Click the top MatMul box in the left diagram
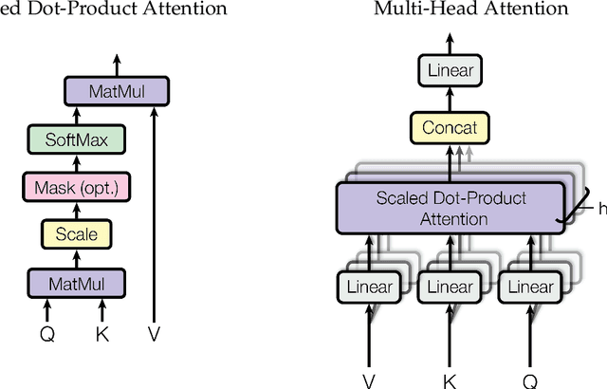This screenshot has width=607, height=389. click(x=118, y=92)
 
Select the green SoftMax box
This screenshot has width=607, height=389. click(x=76, y=140)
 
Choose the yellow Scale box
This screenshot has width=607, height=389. click(x=75, y=232)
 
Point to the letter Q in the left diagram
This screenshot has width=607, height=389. click(x=47, y=333)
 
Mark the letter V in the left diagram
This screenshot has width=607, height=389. click(x=155, y=333)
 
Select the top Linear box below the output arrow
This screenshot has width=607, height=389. click(x=450, y=70)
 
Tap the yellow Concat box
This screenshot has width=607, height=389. click(x=450, y=127)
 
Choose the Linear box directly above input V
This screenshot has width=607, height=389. click(x=366, y=287)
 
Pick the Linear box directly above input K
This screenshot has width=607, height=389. click(x=450, y=287)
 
